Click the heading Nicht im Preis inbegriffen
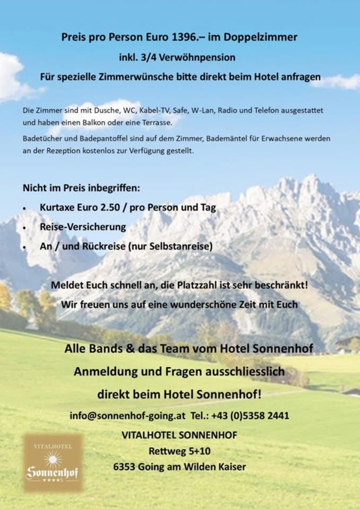coord(81,188)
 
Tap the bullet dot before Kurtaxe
coord(24,208)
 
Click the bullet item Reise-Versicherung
coord(83,226)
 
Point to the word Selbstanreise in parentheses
coord(183,246)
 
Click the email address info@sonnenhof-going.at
coord(127,416)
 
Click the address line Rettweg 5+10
coord(179,451)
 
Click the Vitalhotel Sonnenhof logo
coord(53,462)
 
